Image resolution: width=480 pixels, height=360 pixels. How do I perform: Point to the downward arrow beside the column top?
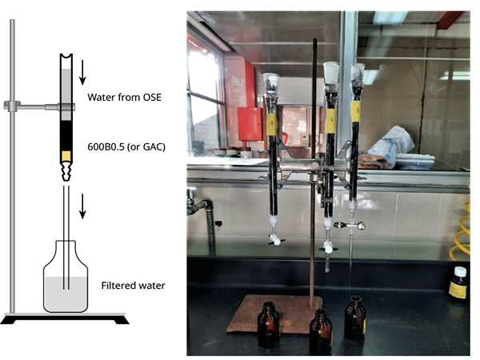pos(82,73)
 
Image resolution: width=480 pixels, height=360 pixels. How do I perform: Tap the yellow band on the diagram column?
pos(66,154)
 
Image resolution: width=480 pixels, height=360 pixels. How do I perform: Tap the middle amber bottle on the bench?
pos(320,330)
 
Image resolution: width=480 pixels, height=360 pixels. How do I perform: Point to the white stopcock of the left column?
pos(275,238)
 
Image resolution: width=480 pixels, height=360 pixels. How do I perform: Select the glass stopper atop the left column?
pos(273,82)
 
